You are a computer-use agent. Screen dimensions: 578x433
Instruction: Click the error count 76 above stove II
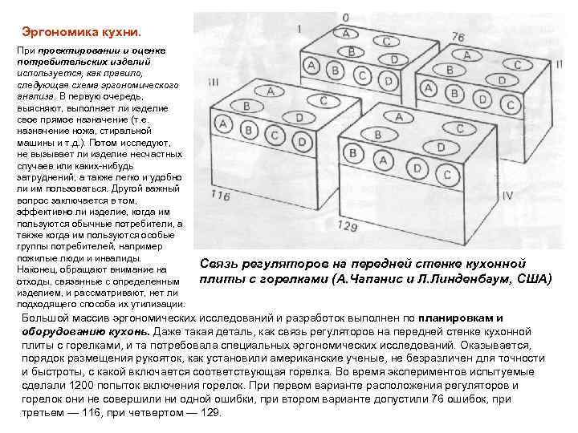458,36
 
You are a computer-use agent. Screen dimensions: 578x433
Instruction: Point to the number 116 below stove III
220,195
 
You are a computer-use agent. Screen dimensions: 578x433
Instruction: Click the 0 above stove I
345,17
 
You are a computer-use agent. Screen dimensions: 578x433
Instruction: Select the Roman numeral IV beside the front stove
506,196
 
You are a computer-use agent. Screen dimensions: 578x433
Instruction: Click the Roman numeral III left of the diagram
213,82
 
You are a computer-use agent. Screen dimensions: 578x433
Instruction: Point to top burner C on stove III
324,100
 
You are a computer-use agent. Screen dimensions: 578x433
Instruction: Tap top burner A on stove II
468,55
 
